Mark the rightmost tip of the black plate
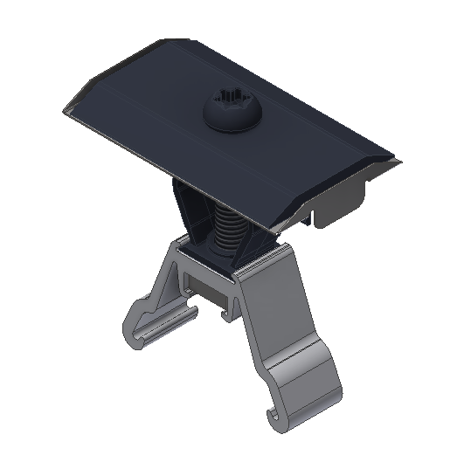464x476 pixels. point(398,162)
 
